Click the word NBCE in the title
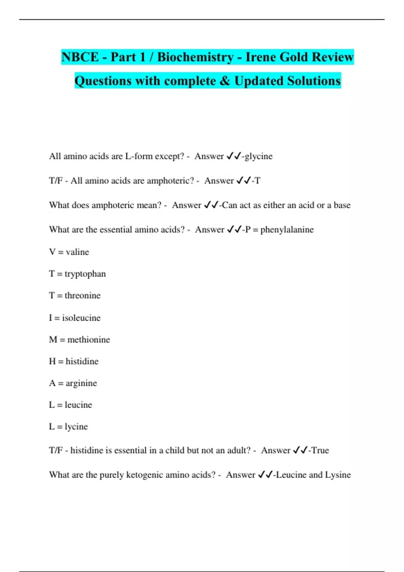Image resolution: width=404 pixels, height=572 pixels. (x=80, y=57)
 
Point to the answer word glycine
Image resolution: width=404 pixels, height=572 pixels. (x=259, y=156)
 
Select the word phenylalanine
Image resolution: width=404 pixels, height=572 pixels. (x=287, y=229)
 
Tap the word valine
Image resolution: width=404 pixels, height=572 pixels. (x=77, y=252)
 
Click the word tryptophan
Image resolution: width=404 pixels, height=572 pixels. (x=85, y=274)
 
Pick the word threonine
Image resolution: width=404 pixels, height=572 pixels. (x=82, y=295)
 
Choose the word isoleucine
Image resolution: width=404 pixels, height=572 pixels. (x=81, y=318)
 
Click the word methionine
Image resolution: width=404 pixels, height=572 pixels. (x=89, y=339)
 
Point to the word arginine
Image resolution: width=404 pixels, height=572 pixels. (x=81, y=383)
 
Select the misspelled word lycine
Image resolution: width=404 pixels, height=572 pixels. (x=76, y=427)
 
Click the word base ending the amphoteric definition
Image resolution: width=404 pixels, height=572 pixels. (x=342, y=205)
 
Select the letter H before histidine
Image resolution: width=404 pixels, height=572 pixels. (x=52, y=361)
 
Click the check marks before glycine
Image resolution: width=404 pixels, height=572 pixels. (x=234, y=156)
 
